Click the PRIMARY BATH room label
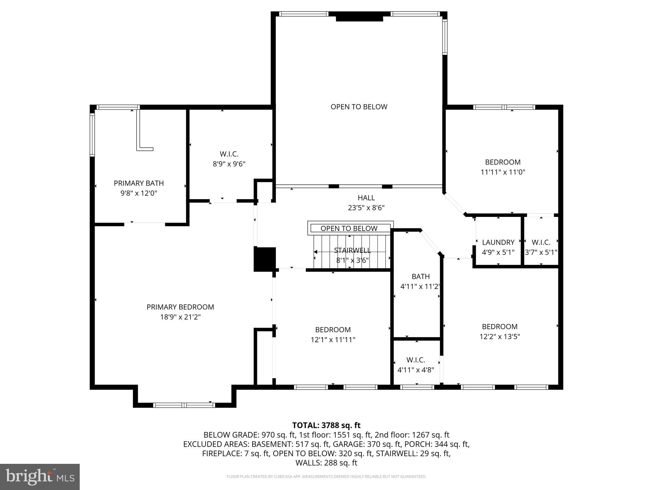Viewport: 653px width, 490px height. pos(139,183)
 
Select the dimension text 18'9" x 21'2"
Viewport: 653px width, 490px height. pos(180,317)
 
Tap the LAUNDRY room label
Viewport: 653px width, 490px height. pos(498,242)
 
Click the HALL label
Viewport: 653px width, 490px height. pos(366,198)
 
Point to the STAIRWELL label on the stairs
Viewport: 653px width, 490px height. pos(352,250)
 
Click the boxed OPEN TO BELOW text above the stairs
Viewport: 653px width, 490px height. pos(349,228)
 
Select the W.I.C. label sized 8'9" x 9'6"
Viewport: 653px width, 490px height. pos(229,154)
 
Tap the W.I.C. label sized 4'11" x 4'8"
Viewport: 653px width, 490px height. pos(415,360)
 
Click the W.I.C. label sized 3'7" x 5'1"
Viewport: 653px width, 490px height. pos(541,242)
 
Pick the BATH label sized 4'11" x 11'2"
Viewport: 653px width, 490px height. pos(421,276)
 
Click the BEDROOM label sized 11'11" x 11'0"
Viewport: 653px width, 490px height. pos(503,162)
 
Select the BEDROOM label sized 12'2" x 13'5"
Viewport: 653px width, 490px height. pos(499,327)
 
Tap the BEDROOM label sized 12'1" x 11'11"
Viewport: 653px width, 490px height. pos(333,330)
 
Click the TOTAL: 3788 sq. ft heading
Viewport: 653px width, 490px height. pos(326,425)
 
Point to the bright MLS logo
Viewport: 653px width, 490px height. pos(40,477)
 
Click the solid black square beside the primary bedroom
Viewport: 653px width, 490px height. pos(264,259)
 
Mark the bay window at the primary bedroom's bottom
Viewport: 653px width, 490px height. pos(184,405)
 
